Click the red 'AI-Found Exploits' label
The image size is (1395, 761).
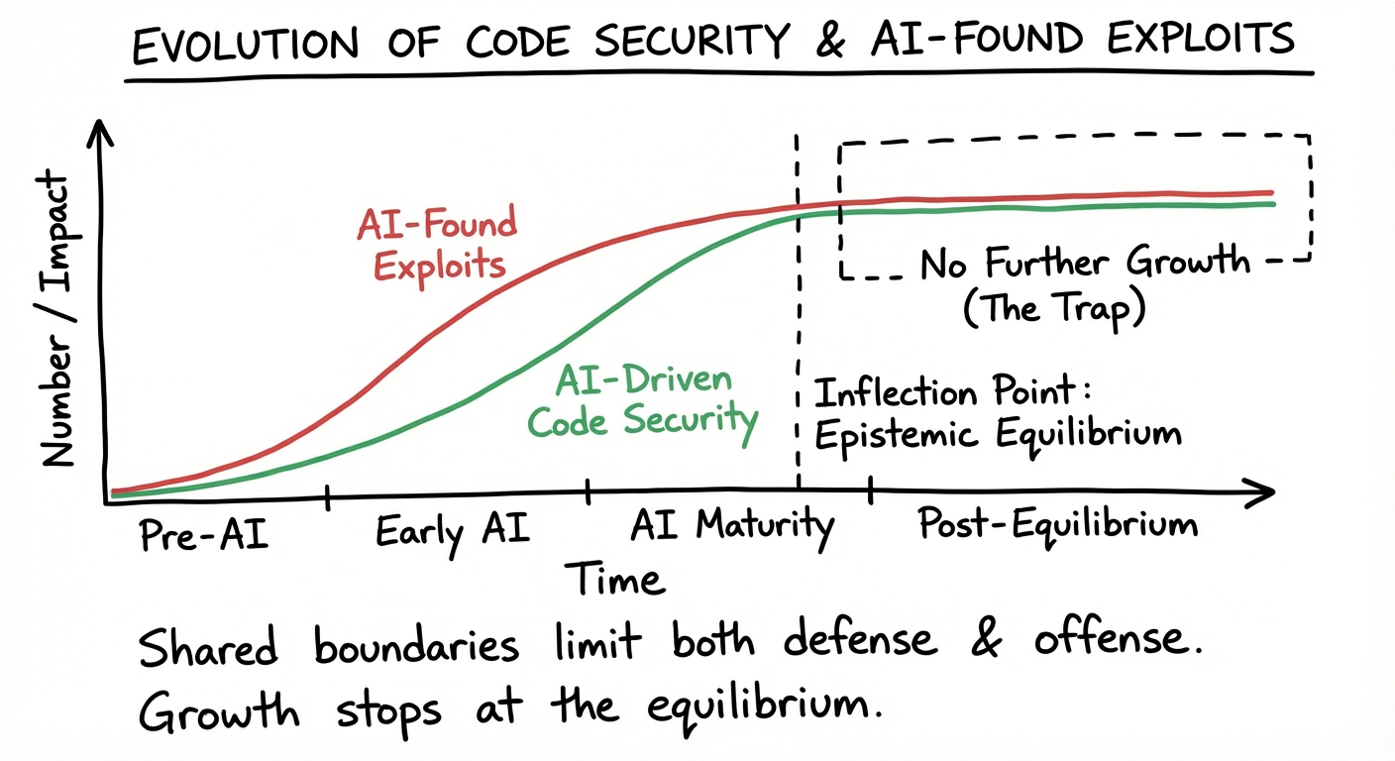point(436,244)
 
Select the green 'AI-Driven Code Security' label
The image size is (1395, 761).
point(642,401)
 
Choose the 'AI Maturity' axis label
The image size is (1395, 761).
point(732,526)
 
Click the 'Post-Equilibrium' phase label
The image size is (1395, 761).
point(1057,523)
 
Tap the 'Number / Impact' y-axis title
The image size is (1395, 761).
point(59,319)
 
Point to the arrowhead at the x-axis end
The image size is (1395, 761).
point(1263,490)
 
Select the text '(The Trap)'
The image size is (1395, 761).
point(1054,309)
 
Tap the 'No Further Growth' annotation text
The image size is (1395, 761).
point(1086,264)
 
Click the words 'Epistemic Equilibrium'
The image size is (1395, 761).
point(998,433)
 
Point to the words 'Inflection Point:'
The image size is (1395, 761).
point(952,392)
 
